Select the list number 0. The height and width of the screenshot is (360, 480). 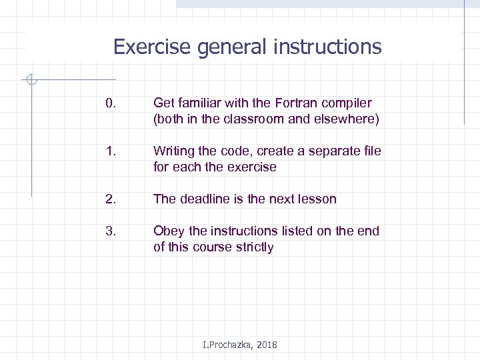pos(111,103)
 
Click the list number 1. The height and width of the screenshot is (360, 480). pos(111,151)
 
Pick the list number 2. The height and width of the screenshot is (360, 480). pos(111,199)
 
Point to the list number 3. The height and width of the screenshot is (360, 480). pos(111,231)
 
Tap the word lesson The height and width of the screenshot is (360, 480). pos(317,199)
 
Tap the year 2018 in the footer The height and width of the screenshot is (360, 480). pos(265,345)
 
